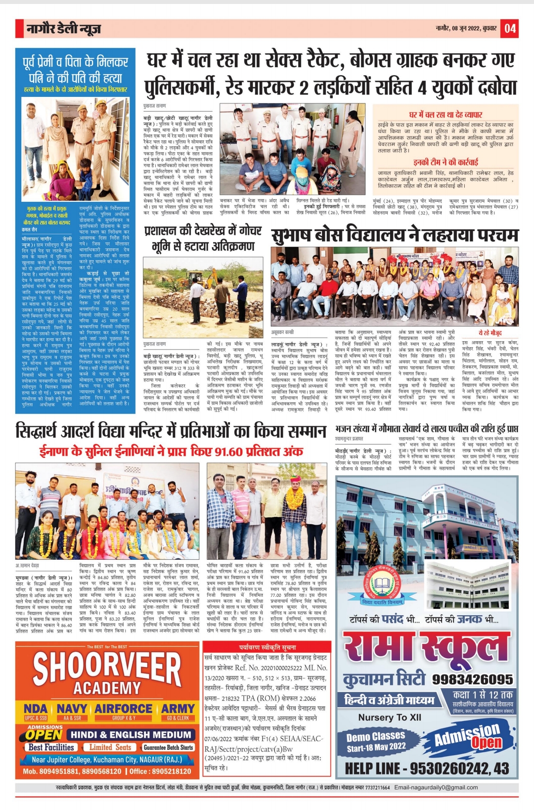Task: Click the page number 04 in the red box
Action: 510,28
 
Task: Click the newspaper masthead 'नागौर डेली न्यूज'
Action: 63,29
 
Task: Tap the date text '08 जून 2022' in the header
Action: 465,29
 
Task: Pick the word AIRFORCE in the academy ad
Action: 124,709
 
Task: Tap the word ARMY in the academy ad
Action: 178,709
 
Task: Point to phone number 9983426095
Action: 472,679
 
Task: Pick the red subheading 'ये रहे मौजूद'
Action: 490,333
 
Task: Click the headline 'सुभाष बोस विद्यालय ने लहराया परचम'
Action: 395,235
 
